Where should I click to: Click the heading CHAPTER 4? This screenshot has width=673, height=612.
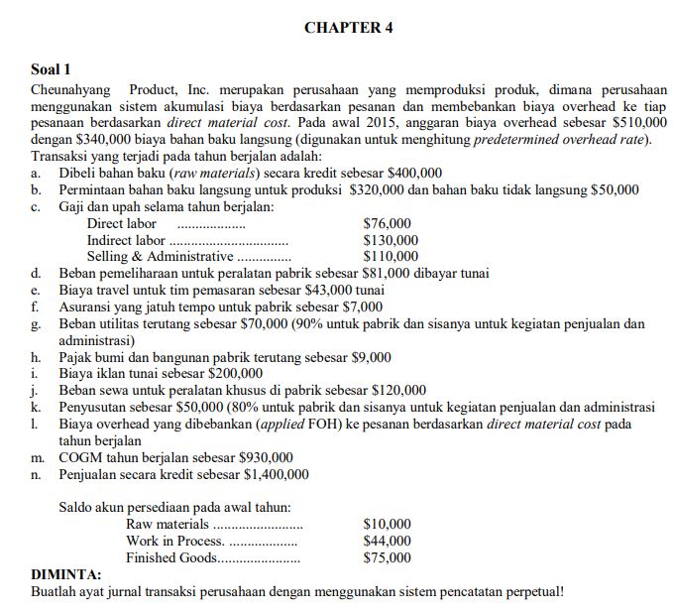[x=348, y=28]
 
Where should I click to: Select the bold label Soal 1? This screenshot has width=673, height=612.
[x=52, y=69]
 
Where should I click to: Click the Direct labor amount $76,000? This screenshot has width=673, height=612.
[x=388, y=223]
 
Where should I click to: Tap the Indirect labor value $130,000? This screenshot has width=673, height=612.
[x=391, y=240]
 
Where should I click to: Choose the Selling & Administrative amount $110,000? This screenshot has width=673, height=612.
[x=391, y=256]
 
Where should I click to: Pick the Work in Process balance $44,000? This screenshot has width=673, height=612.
[x=388, y=541]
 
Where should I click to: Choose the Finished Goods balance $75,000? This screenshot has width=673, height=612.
[x=388, y=557]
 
